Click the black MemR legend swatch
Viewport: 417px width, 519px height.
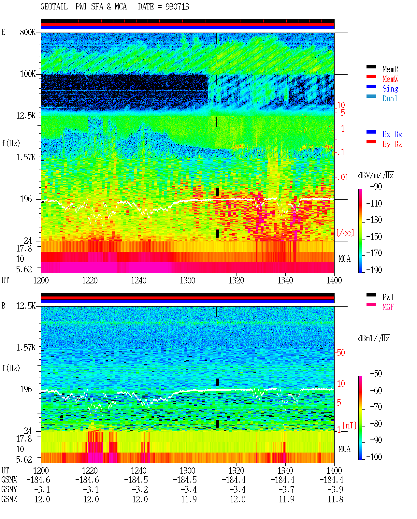[371, 67]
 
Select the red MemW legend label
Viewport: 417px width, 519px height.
[390, 79]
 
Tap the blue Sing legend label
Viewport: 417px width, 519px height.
[390, 89]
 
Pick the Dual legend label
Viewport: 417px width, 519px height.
[390, 98]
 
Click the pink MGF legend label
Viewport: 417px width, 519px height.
[388, 307]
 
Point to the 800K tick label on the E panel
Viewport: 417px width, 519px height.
[28, 32]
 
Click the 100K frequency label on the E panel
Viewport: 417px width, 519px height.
[28, 74]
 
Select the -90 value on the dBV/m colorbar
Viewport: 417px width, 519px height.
[376, 186]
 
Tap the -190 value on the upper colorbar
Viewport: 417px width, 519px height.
[374, 270]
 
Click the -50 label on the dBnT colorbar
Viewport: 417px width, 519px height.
[376, 374]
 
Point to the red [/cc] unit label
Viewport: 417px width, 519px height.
[345, 233]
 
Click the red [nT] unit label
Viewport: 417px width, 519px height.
[350, 425]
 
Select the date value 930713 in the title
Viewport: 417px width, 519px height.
[177, 7]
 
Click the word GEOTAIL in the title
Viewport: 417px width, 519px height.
[54, 7]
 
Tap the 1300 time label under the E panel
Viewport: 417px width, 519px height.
[187, 281]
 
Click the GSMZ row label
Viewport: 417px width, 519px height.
[9, 499]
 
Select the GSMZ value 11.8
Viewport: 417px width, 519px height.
[335, 499]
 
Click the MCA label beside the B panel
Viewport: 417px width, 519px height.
[344, 449]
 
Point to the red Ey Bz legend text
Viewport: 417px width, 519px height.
[392, 144]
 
